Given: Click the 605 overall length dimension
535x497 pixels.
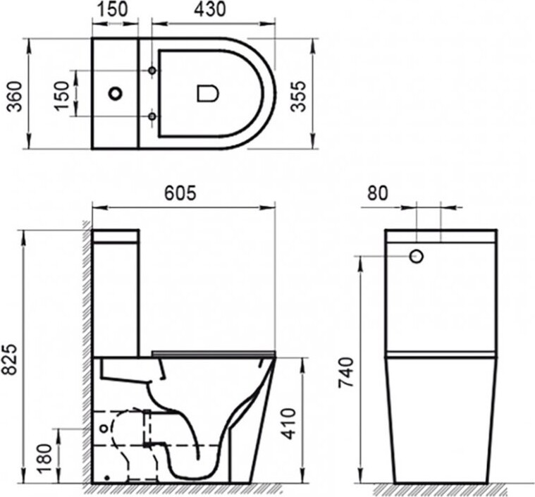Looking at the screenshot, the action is pos(180,193).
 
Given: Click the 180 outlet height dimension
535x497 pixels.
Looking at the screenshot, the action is pos(45,458).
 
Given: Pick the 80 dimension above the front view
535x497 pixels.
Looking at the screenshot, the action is pos(378,193).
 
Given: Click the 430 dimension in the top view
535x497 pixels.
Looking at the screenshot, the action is pos(210,9).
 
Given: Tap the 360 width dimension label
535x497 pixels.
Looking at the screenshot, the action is pos(15,97).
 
